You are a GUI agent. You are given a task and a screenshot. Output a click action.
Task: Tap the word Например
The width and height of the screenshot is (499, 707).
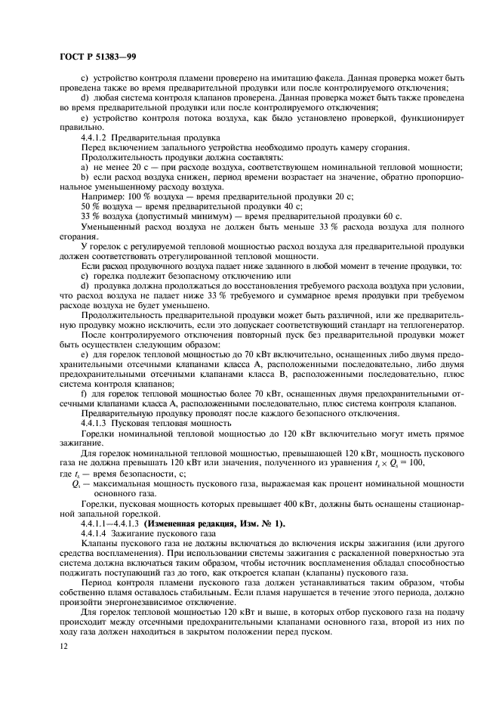100,196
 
